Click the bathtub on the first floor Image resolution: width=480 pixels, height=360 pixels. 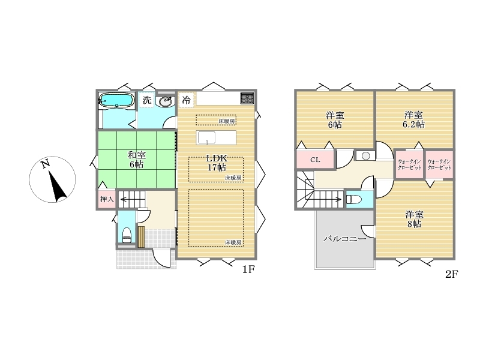coord(116,100)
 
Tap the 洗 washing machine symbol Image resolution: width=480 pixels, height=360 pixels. coord(147,100)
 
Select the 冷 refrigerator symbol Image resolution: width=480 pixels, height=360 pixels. coord(186,100)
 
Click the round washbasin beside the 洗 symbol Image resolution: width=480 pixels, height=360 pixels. coord(166,101)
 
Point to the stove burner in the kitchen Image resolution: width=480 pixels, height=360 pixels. coord(247,98)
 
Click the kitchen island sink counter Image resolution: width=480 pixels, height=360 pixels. coord(216,137)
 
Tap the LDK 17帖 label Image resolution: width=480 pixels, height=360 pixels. coord(217,163)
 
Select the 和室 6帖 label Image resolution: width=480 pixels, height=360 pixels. coord(137,160)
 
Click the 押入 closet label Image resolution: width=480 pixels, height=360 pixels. coord(107,199)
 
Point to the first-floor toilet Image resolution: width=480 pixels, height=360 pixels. coord(127,235)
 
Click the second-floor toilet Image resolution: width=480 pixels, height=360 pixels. coord(354,200)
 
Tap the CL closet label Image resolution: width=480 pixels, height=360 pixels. coord(316,160)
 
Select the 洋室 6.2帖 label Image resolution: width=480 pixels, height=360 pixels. coord(414,119)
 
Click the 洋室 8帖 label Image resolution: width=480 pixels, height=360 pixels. coord(414,219)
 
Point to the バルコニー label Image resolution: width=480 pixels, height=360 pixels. coord(344,238)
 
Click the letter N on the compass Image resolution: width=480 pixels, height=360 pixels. coord(46,164)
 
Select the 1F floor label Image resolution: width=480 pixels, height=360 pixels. coord(248,269)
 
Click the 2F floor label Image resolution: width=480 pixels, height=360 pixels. coord(452,274)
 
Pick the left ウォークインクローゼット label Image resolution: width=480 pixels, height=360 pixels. coord(410,164)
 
